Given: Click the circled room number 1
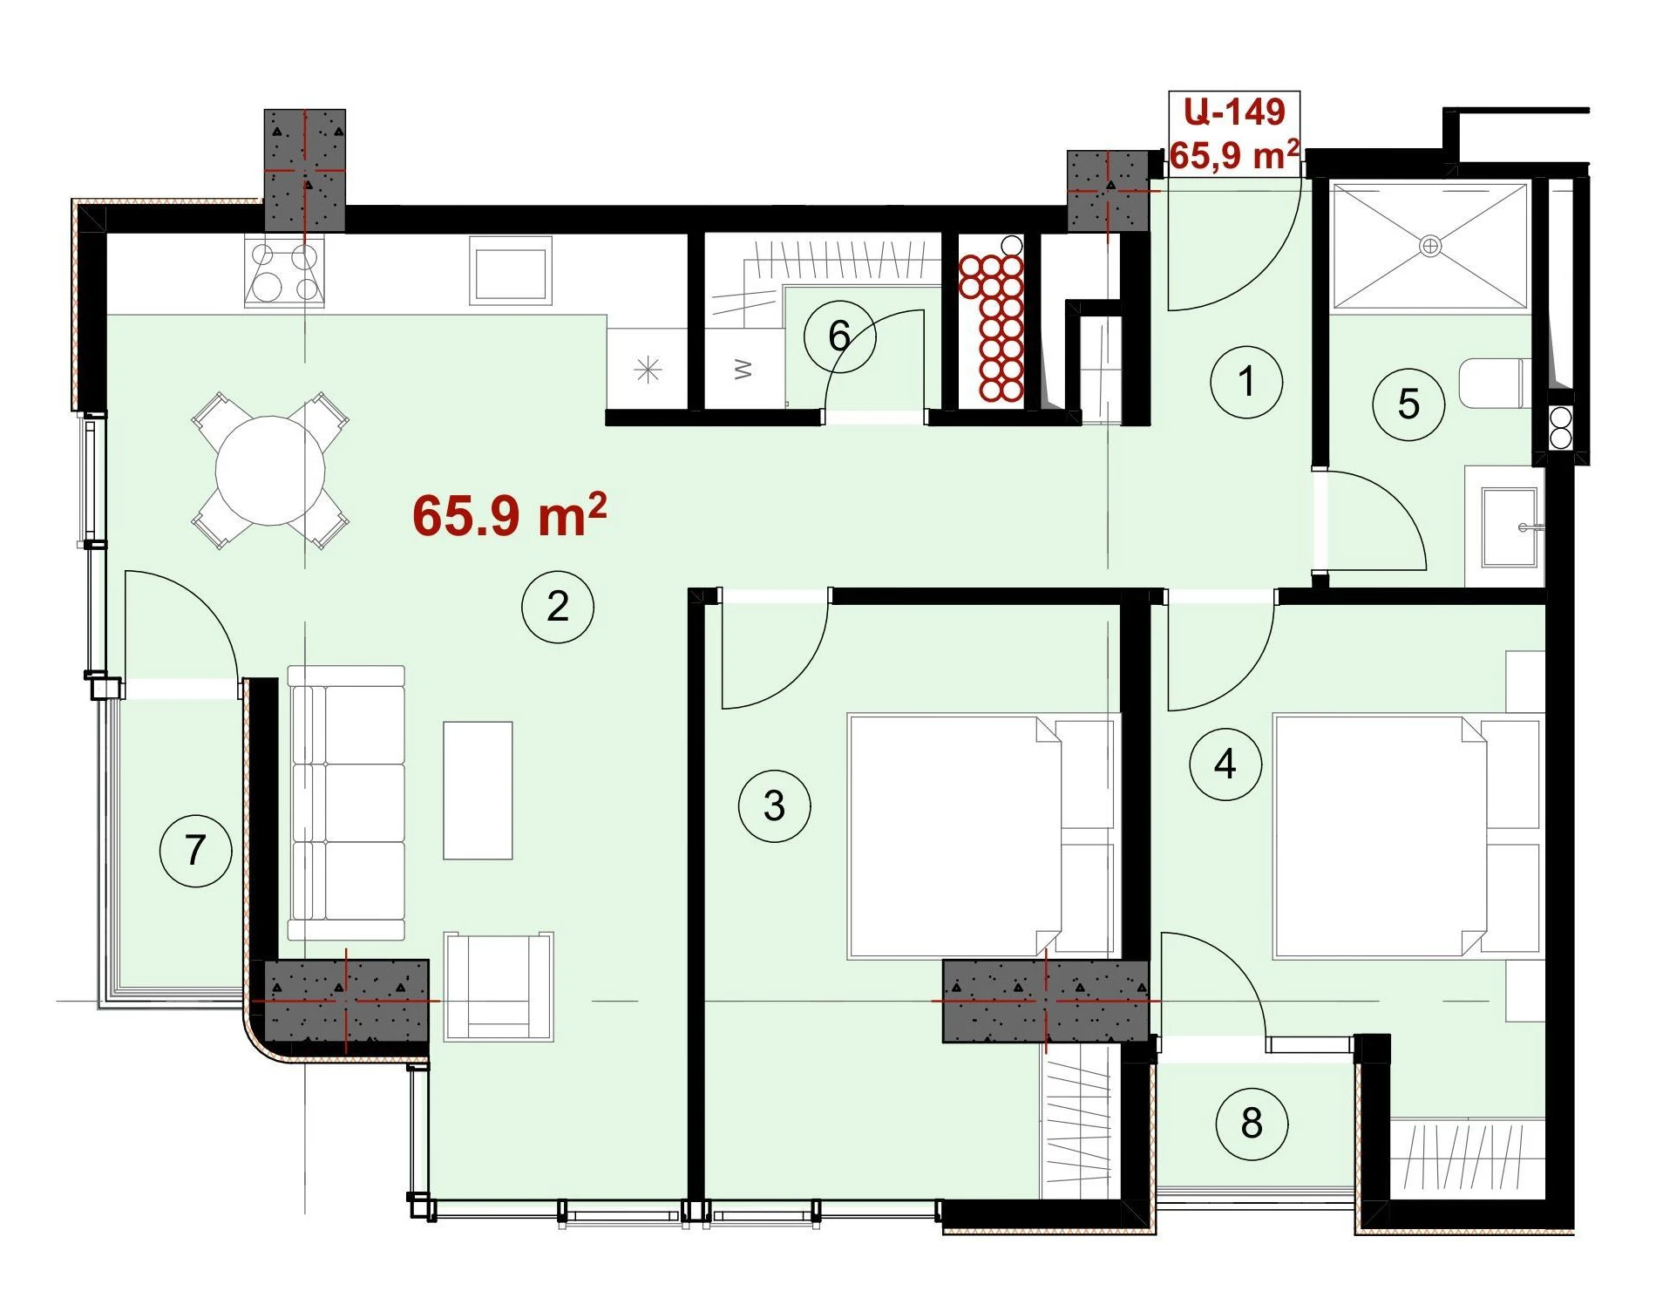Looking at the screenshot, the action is pos(1246,382).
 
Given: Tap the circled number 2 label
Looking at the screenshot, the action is pos(558,607).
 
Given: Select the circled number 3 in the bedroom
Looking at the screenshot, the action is pos(774,805).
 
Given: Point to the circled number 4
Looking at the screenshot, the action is pos(1225,764).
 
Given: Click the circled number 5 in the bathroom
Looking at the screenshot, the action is pos(1408,404).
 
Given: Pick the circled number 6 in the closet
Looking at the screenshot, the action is pos(839,336).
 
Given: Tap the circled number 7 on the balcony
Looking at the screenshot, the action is pos(195,850).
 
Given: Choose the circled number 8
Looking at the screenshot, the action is pos(1252,1124).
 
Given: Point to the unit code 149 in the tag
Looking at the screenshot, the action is pos(1255,112).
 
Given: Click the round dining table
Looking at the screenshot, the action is pos(270,471).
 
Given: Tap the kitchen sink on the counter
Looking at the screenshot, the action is pos(511,271).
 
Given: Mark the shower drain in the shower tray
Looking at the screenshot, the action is pos(1430,246).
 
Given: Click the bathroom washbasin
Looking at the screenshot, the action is pos(1507,527).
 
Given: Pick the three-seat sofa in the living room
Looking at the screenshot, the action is pos(347,803).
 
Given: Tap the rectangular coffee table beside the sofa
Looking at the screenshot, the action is pos(478,791).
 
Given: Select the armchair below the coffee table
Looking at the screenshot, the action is pos(499,987).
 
